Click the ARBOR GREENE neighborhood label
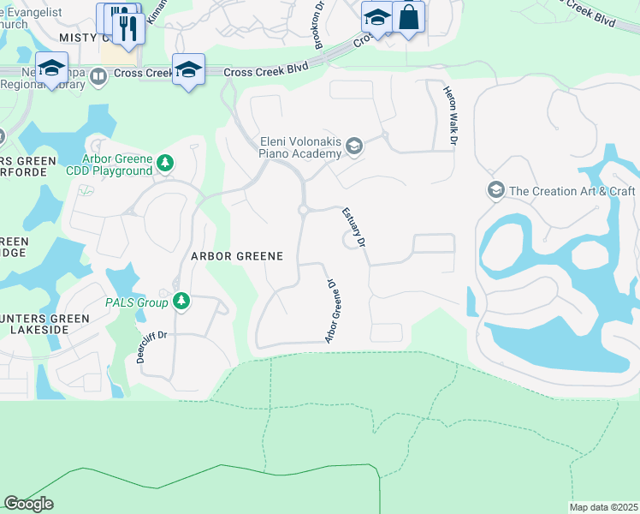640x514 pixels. point(236,256)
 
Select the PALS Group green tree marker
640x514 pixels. point(181,301)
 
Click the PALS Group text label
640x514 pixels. point(135,302)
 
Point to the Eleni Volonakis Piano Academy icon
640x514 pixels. point(353,147)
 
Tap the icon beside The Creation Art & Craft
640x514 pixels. point(495,190)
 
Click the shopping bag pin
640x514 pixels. point(409,18)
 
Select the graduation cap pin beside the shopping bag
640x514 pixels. point(376,18)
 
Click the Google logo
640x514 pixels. point(28,504)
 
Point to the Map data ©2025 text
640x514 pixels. point(603,507)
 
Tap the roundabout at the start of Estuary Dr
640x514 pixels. point(303,210)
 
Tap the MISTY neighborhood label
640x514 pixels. point(84,39)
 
